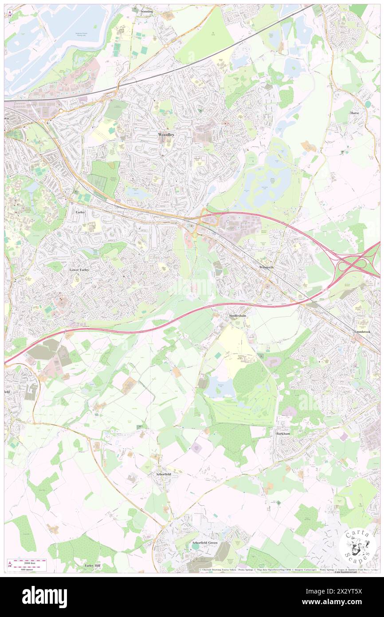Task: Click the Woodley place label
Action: pos(165,134)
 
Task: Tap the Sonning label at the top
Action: pos(146,11)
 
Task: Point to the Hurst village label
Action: pos(354,113)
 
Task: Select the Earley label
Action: pos(80,213)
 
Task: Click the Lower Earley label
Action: pos(80,269)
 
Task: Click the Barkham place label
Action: pos(282,433)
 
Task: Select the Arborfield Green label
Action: pos(204,543)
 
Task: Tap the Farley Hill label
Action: pos(94,566)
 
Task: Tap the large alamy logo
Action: pos(44,597)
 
